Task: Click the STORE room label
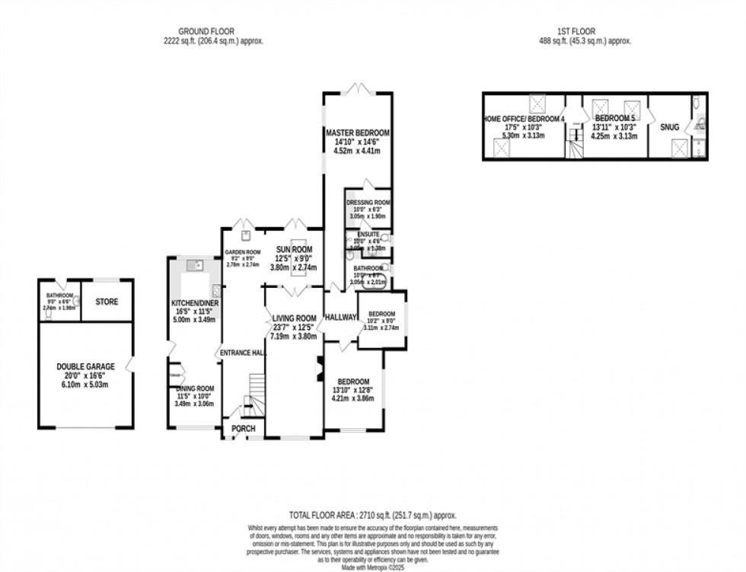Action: [x=107, y=302]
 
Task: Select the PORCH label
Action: [x=244, y=429]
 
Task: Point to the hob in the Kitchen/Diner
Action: [x=215, y=289]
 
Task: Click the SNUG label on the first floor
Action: [x=670, y=127]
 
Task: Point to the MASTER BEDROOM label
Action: [x=358, y=133]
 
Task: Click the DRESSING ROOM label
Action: [x=368, y=203]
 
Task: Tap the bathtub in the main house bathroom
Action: [x=376, y=280]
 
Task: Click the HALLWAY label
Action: [x=340, y=317]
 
